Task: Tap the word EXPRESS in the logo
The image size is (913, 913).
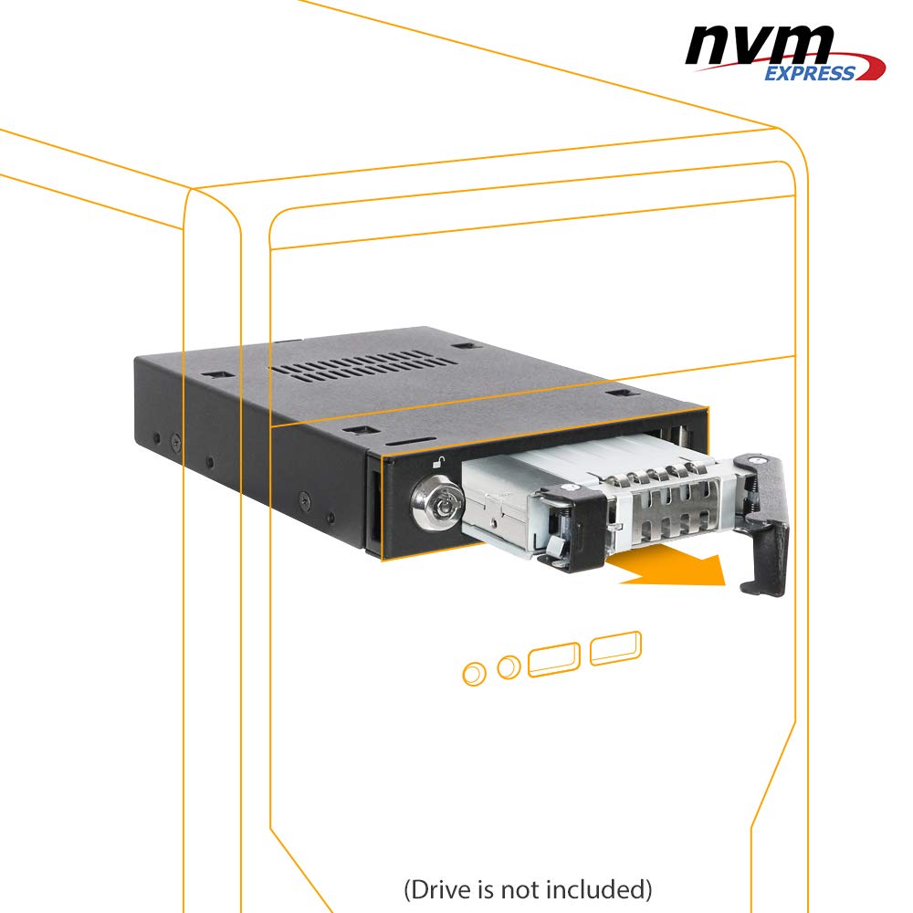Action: coord(810,73)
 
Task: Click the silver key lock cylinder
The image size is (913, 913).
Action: coord(438,502)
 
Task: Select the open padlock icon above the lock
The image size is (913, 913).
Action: coord(438,462)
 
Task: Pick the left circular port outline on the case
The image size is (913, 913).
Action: coord(474,674)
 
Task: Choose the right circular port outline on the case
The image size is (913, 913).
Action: coord(509,666)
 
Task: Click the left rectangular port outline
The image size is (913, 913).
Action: coord(554,659)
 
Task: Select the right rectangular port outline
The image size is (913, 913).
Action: coord(615,647)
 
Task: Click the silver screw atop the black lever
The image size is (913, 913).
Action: coord(757,460)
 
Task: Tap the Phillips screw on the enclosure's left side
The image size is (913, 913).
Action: coord(175,444)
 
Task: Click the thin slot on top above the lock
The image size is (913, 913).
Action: coord(411,442)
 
